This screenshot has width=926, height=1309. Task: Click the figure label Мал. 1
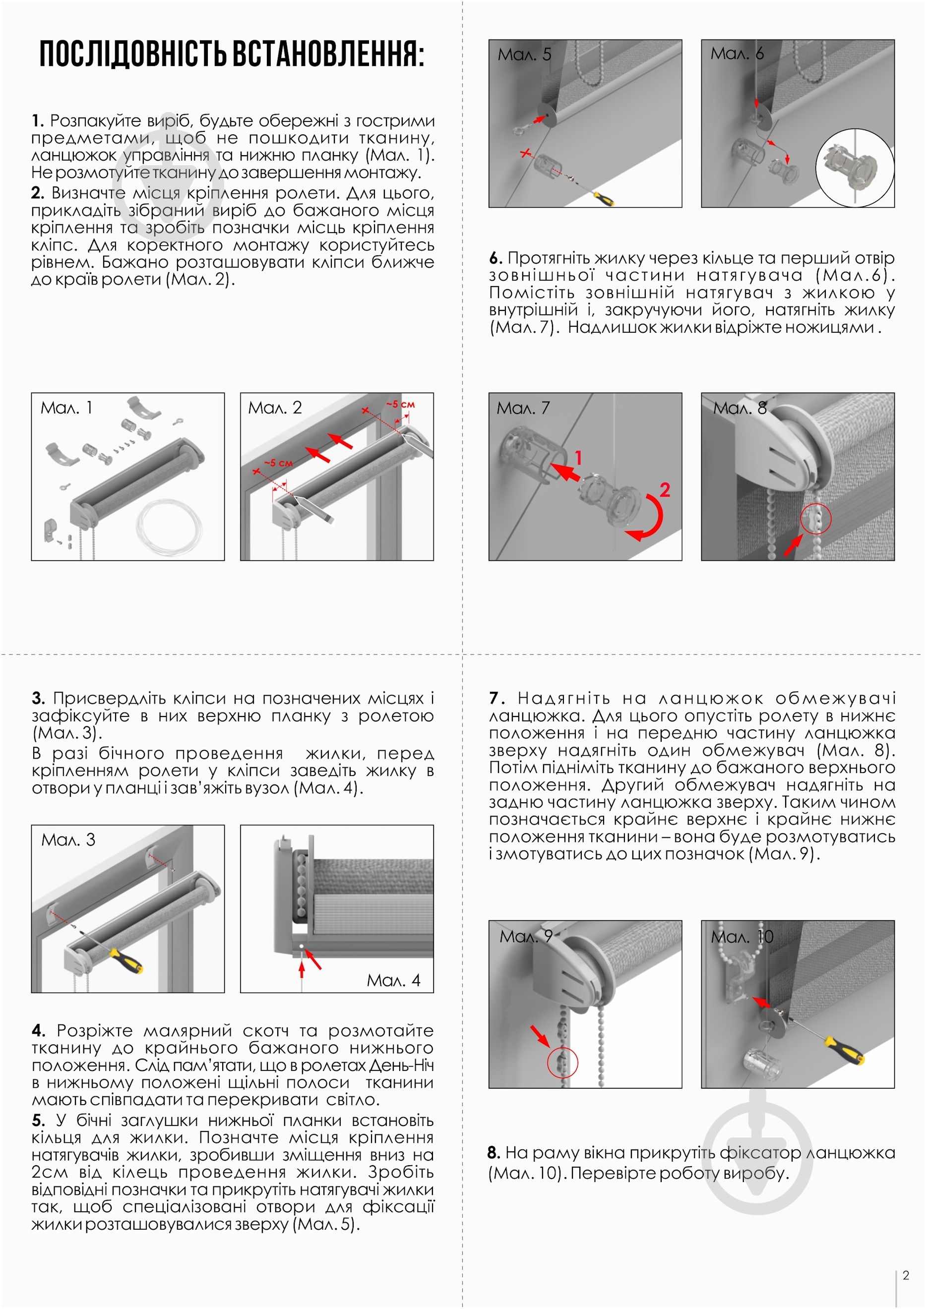tap(66, 408)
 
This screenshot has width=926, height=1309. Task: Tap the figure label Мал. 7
tap(523, 408)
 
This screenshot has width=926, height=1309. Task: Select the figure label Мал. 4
tap(393, 980)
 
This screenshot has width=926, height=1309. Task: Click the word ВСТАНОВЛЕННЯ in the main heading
tap(328, 55)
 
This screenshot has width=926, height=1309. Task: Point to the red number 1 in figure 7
tap(578, 457)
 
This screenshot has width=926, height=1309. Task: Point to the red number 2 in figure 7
tap(664, 490)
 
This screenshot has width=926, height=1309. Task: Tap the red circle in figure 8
tap(816, 519)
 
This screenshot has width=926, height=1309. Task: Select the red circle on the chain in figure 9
tap(562, 1062)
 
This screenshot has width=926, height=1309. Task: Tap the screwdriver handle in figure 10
tap(844, 1050)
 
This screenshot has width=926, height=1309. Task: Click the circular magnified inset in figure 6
tap(855, 168)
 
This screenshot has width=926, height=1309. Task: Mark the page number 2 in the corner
tap(906, 1275)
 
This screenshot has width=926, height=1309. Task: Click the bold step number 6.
tap(495, 258)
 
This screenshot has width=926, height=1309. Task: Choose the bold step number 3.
tap(38, 699)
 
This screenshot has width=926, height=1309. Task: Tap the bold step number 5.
tap(38, 1120)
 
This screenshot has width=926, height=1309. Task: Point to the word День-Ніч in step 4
tap(401, 1065)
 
